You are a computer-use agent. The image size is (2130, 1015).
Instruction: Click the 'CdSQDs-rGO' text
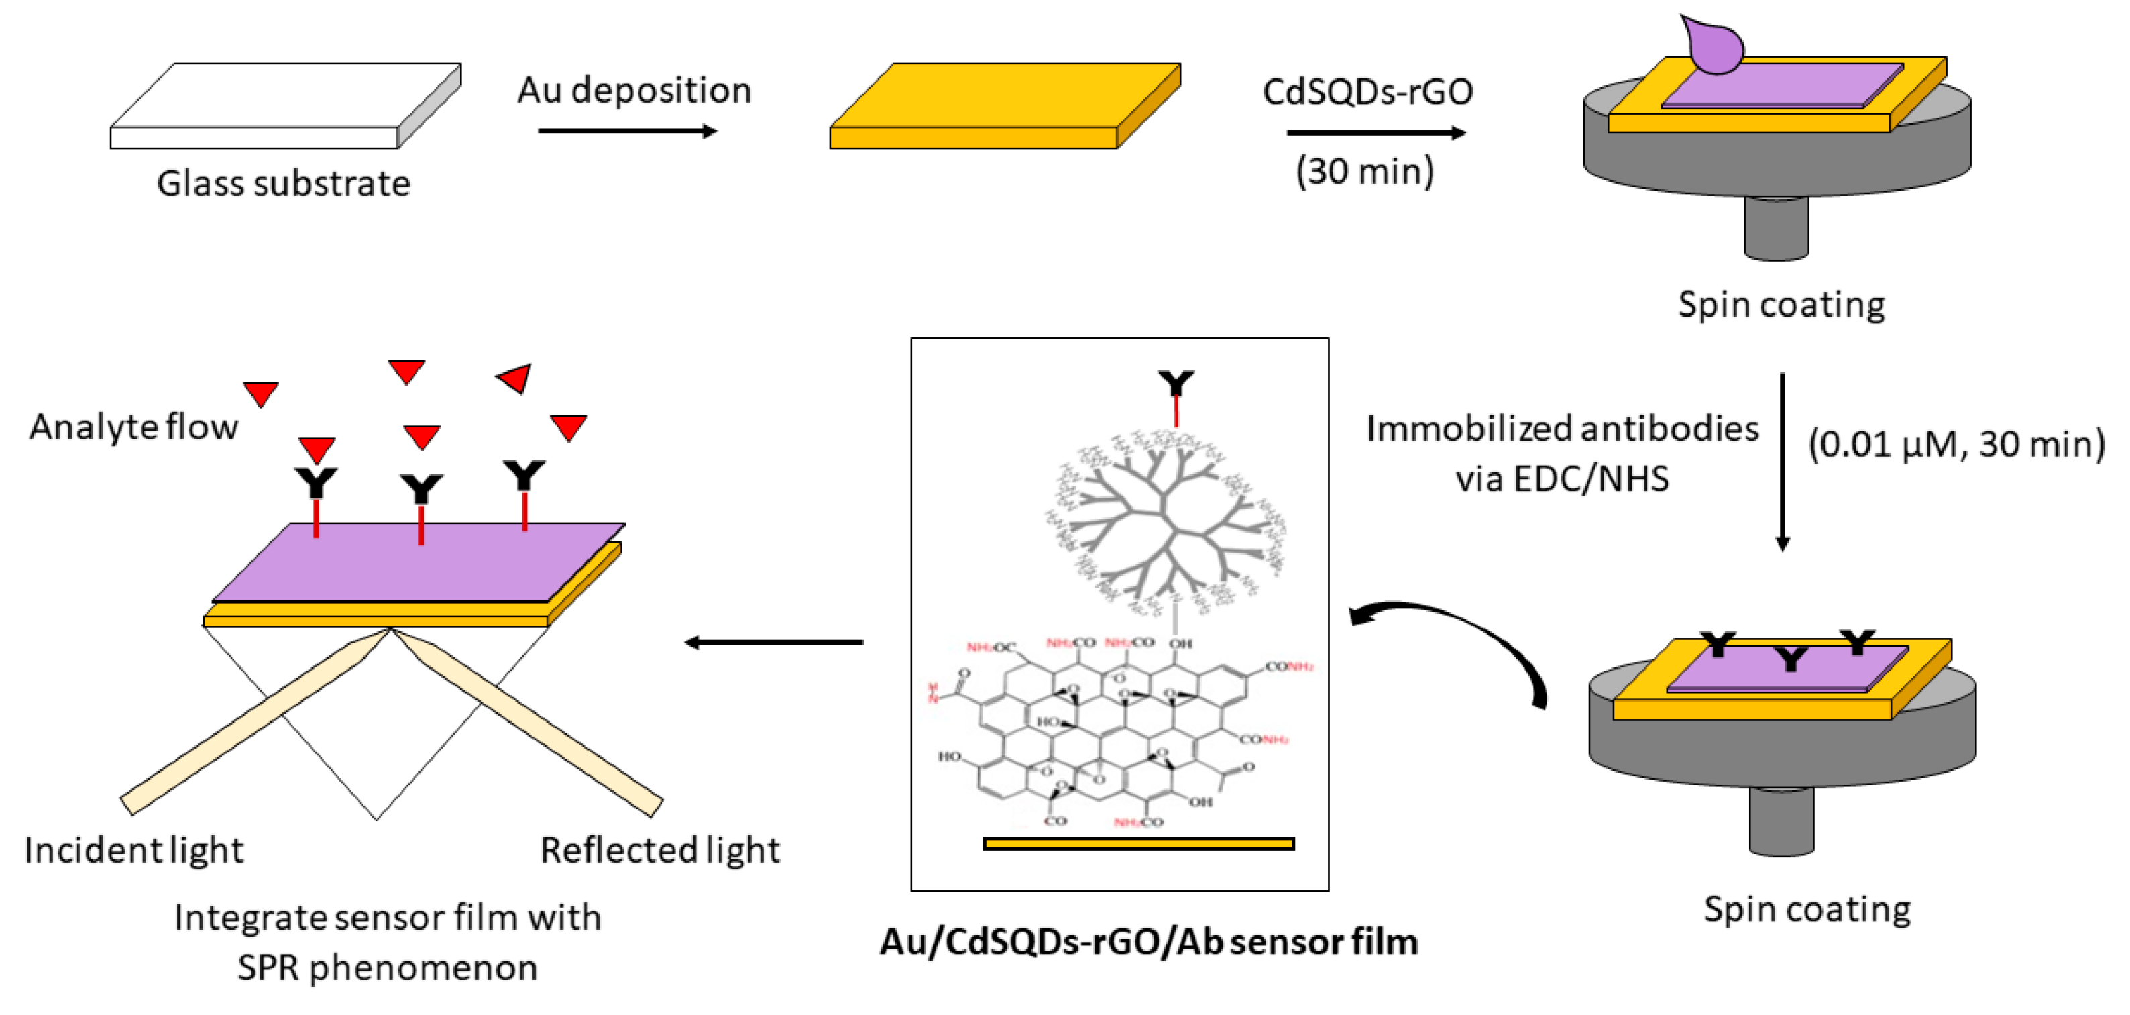1367,91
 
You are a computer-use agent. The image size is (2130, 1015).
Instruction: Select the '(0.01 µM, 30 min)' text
1956,444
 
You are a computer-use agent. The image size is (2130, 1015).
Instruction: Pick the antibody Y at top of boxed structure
1176,384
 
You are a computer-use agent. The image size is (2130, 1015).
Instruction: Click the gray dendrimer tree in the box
1166,521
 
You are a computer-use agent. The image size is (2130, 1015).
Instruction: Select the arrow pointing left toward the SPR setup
773,642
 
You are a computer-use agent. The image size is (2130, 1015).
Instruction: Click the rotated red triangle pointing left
515,378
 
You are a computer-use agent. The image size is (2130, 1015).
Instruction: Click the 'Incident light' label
134,851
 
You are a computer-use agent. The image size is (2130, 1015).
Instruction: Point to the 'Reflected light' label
660,851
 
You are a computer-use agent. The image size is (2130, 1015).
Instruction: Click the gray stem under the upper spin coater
1775,227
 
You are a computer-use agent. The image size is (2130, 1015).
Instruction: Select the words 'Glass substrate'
284,184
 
